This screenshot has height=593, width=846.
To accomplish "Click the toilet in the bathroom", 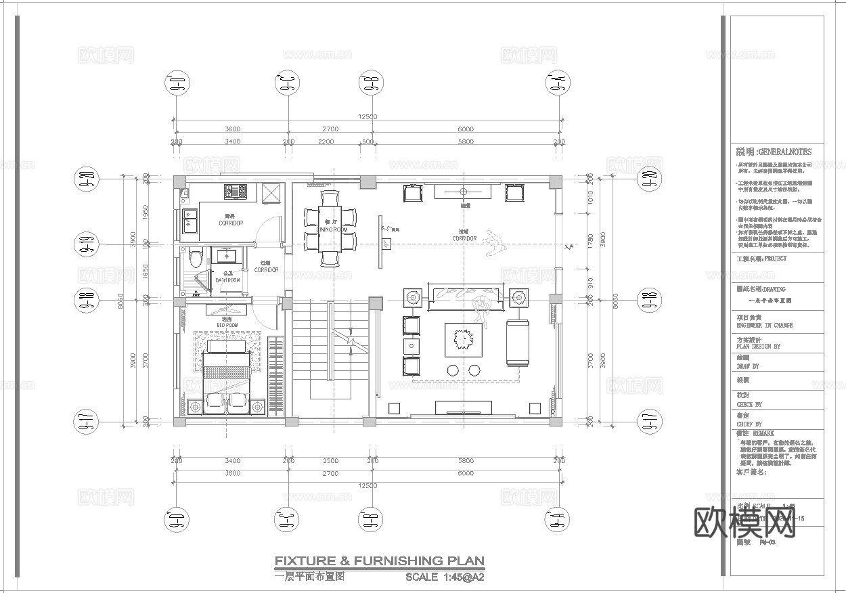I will [x=196, y=257].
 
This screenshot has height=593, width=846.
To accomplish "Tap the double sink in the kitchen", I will [x=188, y=221].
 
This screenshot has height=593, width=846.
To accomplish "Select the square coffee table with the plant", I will [x=463, y=339].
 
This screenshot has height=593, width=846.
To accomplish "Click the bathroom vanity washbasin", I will [x=225, y=257].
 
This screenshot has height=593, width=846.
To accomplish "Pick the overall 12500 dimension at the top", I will [x=367, y=117].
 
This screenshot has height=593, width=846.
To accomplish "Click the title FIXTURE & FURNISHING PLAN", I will [x=379, y=561].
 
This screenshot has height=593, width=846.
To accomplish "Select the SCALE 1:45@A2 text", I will [x=445, y=577].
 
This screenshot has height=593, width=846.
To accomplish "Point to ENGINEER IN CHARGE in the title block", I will [x=764, y=326].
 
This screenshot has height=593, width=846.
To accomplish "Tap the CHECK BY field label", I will [x=753, y=405].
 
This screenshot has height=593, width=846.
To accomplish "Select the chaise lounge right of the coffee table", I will [x=518, y=342].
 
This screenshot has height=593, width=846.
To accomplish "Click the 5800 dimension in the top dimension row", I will [x=465, y=141].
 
